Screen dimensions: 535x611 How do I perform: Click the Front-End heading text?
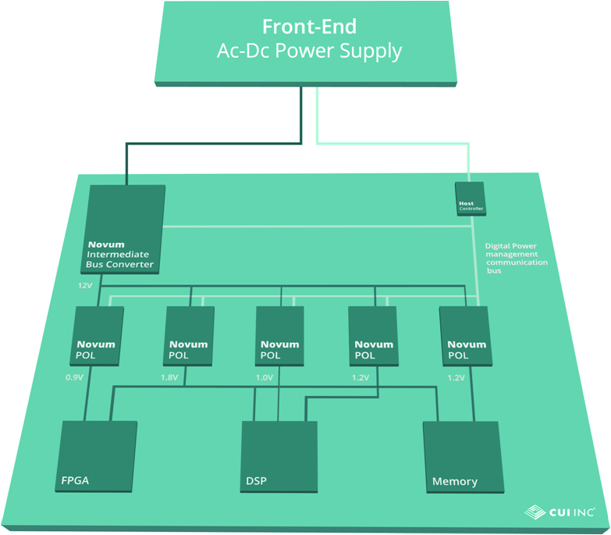point(309,27)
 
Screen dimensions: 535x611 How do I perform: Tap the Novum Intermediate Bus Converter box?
point(124,230)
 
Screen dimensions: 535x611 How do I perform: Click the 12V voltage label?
point(84,286)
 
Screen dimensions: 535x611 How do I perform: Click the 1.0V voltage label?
point(265,377)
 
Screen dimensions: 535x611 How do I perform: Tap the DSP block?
point(279,457)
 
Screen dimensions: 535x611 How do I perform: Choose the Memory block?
point(460,457)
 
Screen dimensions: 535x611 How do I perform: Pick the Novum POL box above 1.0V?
point(280,336)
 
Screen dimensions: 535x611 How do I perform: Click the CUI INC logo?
point(560,512)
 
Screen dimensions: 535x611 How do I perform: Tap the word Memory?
point(454,482)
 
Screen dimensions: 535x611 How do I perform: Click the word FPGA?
point(76,480)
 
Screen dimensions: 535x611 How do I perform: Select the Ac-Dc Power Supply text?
point(309,52)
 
